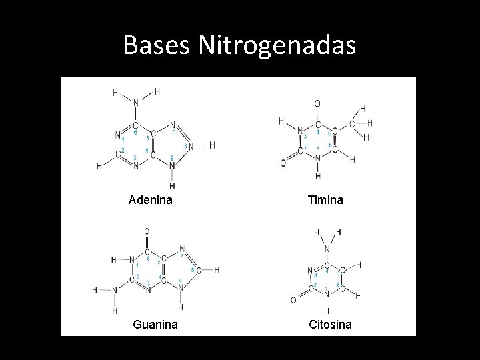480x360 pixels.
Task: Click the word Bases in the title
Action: tap(157, 45)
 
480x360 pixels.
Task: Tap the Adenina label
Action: tap(151, 199)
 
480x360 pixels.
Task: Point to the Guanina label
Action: tap(154, 325)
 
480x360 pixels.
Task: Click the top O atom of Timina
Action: tap(317, 103)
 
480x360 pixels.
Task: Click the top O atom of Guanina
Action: tap(147, 231)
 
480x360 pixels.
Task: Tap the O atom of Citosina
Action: tap(294, 300)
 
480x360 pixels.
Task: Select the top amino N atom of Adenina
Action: tap(136, 103)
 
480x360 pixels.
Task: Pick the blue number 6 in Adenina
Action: tap(135, 132)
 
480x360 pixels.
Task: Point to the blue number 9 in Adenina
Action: tap(172, 157)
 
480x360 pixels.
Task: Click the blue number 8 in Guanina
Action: tap(192, 269)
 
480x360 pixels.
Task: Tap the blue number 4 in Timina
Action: tap(317, 132)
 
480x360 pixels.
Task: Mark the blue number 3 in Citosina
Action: tap(315, 274)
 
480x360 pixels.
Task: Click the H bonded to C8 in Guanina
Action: tap(217, 269)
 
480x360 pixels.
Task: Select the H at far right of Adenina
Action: tap(212, 145)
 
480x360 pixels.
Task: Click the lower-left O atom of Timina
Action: tap(283, 163)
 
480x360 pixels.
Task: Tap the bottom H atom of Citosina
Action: tap(326, 311)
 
